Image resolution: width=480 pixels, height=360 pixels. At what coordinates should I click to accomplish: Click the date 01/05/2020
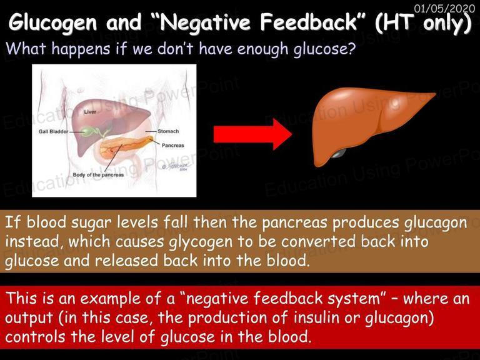[444, 8]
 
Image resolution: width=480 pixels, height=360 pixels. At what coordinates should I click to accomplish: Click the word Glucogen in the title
[52, 23]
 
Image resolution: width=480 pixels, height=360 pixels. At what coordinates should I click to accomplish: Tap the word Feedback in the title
[309, 22]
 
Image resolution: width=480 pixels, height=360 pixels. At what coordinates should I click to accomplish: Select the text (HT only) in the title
[423, 23]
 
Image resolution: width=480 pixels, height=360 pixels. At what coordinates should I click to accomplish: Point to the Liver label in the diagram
[90, 112]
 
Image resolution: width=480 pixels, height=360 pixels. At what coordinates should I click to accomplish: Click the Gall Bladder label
[53, 132]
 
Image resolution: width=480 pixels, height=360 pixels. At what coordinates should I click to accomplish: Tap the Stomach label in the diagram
[168, 131]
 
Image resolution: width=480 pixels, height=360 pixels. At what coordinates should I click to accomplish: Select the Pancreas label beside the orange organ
[173, 146]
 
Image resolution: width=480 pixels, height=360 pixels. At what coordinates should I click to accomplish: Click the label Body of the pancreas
[98, 175]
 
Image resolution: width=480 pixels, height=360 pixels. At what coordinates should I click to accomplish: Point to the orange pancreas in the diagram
[126, 147]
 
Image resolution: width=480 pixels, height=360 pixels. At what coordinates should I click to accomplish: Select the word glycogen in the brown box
[201, 242]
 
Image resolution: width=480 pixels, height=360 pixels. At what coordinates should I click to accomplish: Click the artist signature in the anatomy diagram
[177, 166]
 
